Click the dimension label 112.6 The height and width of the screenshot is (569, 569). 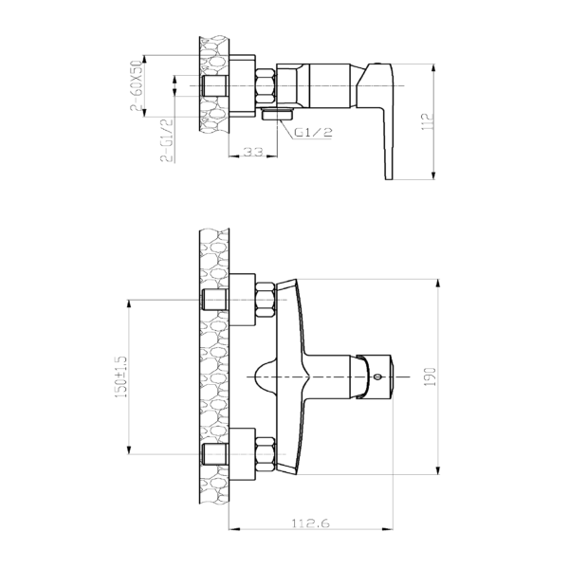click(x=311, y=523)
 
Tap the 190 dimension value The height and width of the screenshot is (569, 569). click(x=430, y=376)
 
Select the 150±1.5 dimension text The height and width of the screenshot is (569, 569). click(x=121, y=376)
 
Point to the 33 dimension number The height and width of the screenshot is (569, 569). click(x=252, y=152)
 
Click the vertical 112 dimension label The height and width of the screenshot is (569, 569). click(x=429, y=122)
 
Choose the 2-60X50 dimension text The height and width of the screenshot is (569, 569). click(x=136, y=85)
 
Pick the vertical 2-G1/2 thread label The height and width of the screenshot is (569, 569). click(x=167, y=139)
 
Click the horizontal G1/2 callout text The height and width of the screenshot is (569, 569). click(x=313, y=133)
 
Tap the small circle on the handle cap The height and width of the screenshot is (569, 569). click(x=377, y=376)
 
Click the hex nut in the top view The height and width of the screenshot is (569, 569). click(x=266, y=86)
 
